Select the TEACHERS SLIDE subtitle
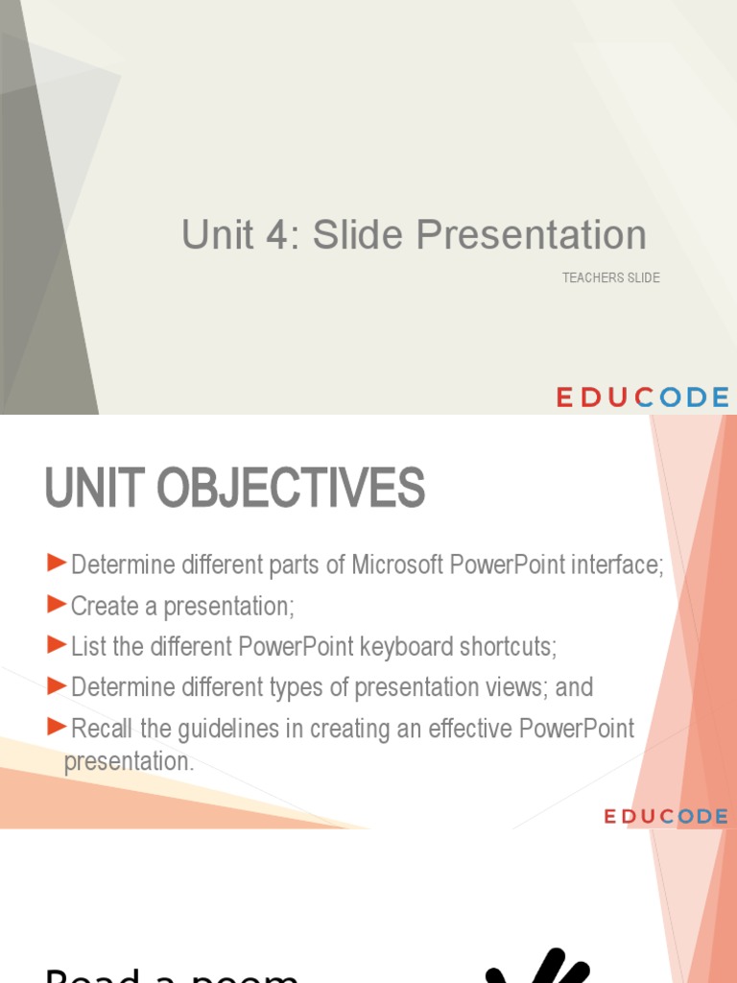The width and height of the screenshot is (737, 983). (x=610, y=278)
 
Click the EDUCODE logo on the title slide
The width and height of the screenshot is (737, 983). (x=643, y=397)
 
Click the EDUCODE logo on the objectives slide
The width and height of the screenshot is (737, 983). (x=665, y=816)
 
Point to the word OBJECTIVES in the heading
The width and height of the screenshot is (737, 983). (x=291, y=489)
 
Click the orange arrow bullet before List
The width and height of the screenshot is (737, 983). (x=58, y=644)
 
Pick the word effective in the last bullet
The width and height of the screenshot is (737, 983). (x=466, y=729)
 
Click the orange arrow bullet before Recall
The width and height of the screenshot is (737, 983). (x=58, y=726)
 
